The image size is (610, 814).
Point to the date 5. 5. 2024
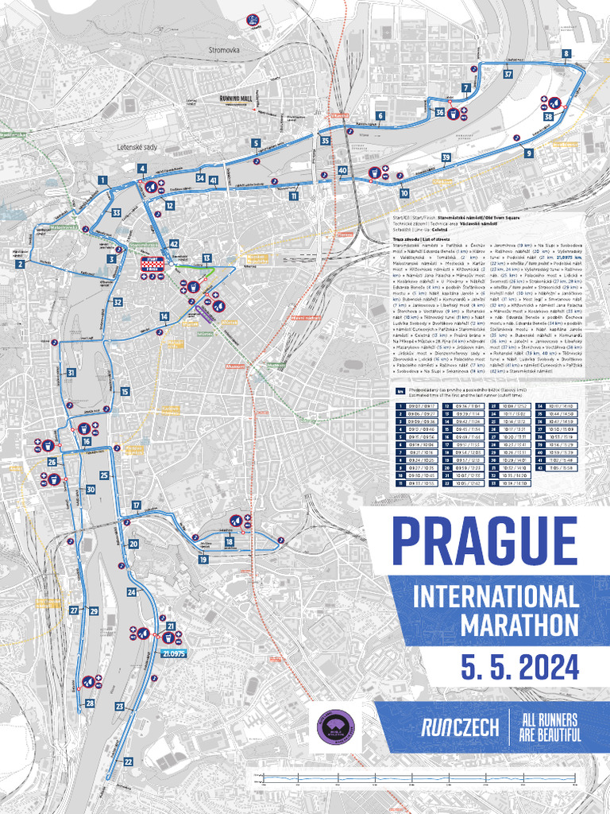click(x=521, y=665)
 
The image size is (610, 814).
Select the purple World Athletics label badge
click(x=334, y=726)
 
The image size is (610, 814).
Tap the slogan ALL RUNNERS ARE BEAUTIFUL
click(x=550, y=727)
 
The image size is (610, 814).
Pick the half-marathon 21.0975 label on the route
click(x=173, y=653)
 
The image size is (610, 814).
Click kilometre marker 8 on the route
click(x=566, y=53)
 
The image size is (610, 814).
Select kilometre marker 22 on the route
click(x=128, y=762)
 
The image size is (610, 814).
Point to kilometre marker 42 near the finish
click(x=173, y=244)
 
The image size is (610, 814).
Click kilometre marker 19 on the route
click(x=203, y=560)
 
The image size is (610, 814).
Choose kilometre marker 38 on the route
click(x=548, y=117)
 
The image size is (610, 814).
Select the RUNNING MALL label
click(x=236, y=99)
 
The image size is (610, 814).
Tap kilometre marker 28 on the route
click(x=90, y=704)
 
